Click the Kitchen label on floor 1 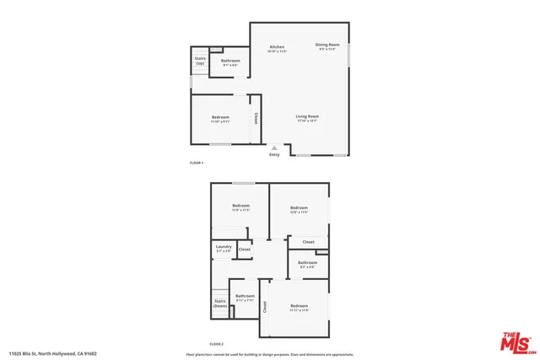(278, 47)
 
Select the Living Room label (307, 116)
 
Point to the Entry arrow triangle (274, 148)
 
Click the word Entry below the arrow (274, 155)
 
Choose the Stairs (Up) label (200, 62)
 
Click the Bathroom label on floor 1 (230, 61)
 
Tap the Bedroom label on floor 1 (221, 117)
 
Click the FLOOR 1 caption (197, 162)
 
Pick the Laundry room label (224, 248)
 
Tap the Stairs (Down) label (220, 304)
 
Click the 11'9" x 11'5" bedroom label (241, 207)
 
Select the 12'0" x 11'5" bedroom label (299, 208)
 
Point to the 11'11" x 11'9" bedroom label (300, 307)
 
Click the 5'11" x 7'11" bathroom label (246, 297)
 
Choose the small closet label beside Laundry (245, 250)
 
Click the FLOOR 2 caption (217, 344)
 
